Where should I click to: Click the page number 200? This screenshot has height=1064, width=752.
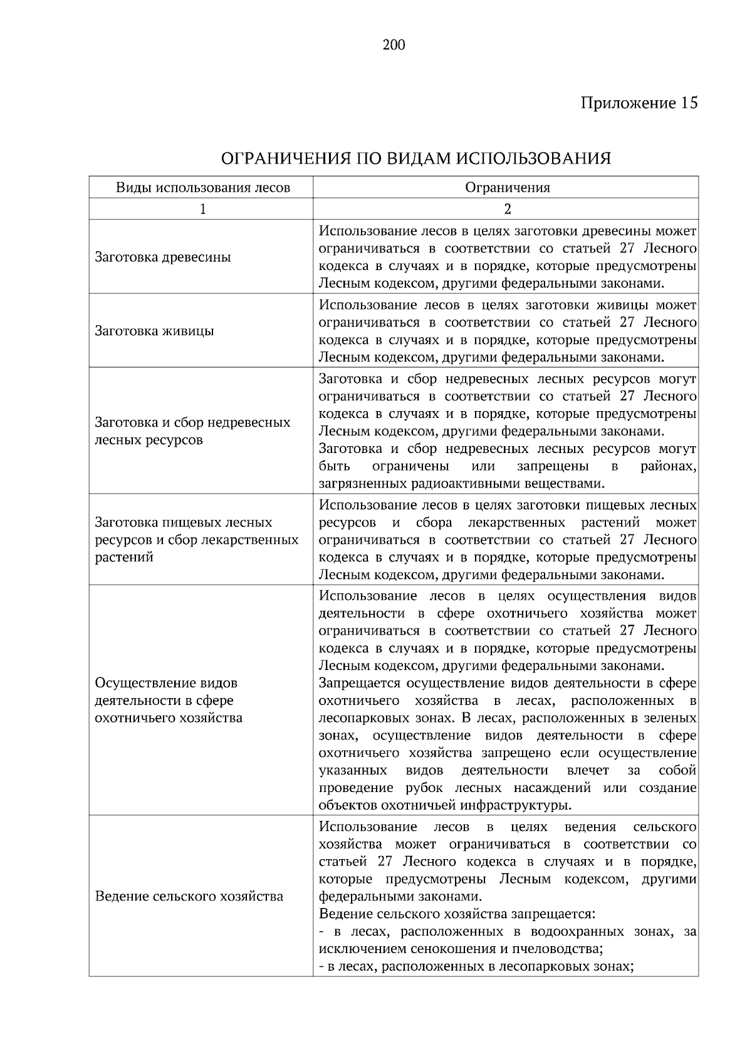394,45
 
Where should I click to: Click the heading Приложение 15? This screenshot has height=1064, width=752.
639,103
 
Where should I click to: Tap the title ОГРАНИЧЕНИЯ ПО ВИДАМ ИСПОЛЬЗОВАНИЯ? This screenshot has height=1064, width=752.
416,158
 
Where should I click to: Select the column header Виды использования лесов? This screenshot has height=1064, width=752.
202,187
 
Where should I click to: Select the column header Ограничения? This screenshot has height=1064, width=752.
507,187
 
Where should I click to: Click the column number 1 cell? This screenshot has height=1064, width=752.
202,209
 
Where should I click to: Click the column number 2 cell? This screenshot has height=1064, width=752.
507,209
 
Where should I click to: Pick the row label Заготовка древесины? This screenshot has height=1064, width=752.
162,257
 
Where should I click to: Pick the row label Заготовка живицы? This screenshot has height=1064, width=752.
154,331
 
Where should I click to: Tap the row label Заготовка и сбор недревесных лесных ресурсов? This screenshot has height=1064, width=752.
192,430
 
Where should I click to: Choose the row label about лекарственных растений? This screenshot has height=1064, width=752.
196,540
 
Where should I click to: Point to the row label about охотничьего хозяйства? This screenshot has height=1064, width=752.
168,700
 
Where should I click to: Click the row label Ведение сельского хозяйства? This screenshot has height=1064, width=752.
189,896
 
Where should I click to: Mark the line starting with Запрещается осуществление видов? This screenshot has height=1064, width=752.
507,683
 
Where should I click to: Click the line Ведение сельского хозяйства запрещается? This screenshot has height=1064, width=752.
457,914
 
